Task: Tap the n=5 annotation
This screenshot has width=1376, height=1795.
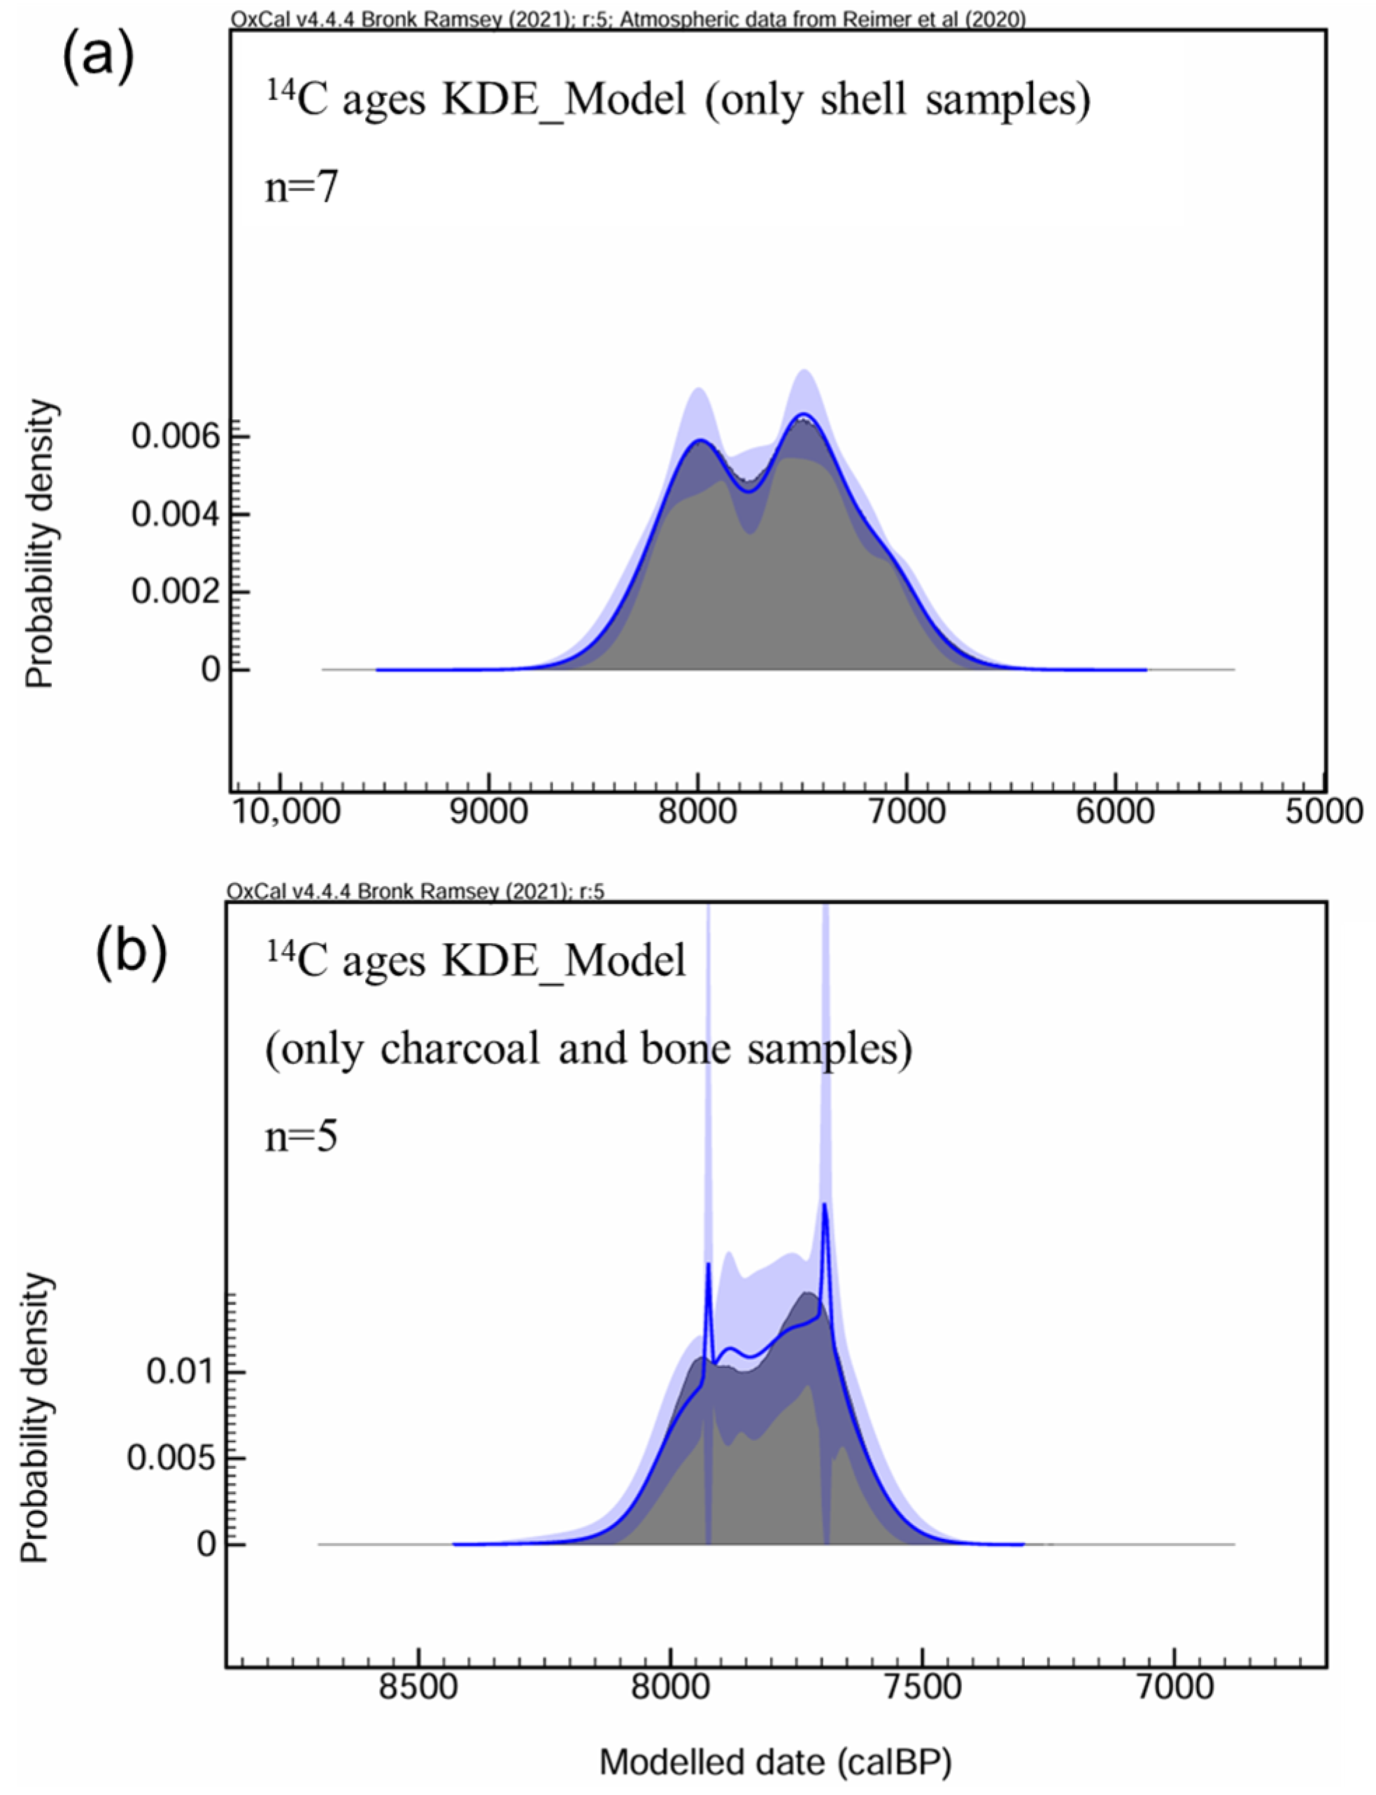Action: click(x=302, y=1138)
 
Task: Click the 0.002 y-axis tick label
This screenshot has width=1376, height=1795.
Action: click(x=176, y=591)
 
